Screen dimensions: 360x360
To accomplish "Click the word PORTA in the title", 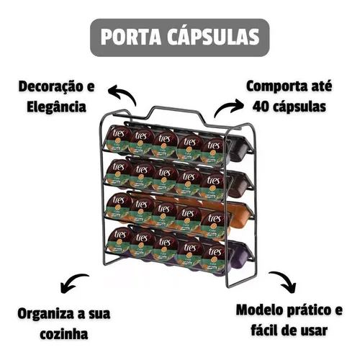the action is point(131,37).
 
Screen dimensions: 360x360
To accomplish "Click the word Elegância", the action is point(56,107).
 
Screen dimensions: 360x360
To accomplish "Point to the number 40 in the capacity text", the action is point(261,107).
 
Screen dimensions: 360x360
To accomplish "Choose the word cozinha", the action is point(64,334).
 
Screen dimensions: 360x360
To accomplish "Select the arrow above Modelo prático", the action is point(285,279).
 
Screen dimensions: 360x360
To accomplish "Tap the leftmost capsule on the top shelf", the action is point(118,138).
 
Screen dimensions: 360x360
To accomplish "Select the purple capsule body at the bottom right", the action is point(240,254).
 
